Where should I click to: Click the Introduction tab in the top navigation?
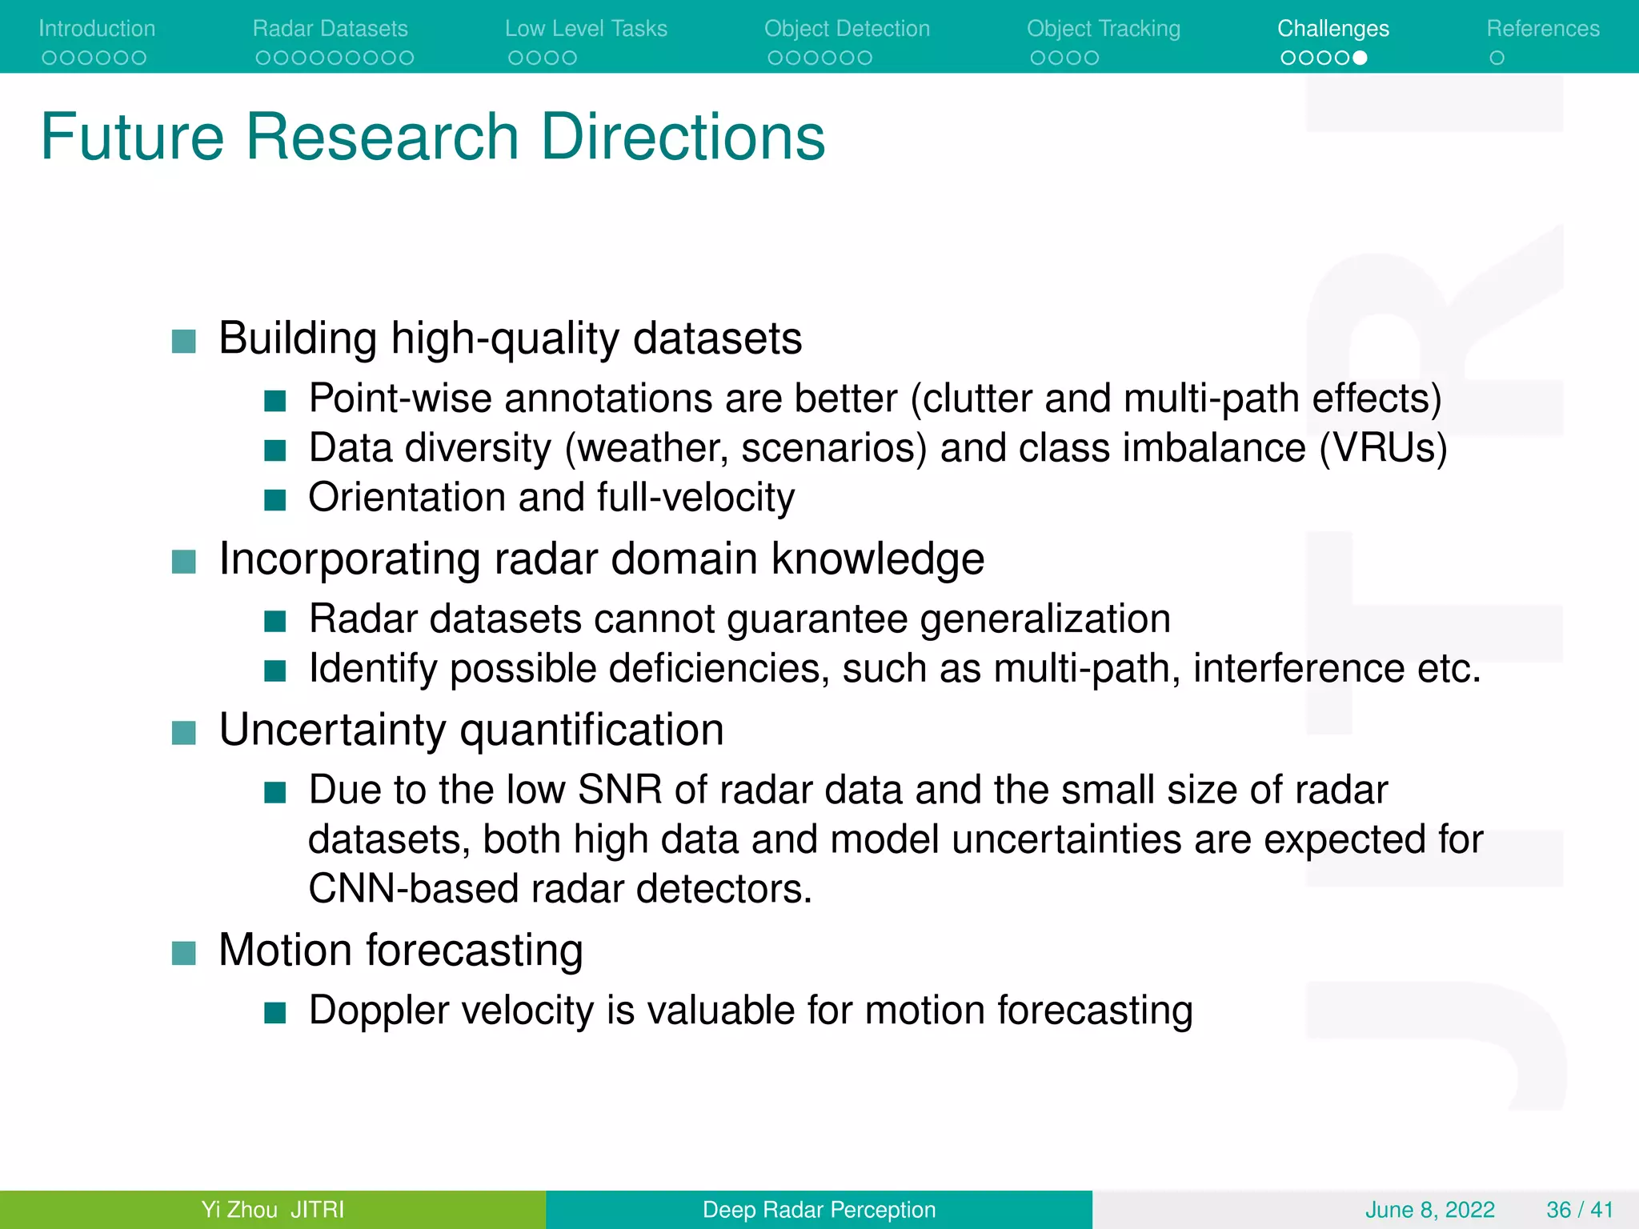(x=97, y=29)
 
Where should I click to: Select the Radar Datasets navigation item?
(x=330, y=29)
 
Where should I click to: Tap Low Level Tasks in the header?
(x=586, y=29)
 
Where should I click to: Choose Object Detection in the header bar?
(x=847, y=29)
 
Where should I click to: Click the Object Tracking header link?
(x=1104, y=29)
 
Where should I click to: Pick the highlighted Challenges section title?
(x=1333, y=29)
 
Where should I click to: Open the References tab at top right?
(x=1543, y=29)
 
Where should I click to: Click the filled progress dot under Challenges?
(x=1360, y=58)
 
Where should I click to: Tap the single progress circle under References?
(x=1497, y=58)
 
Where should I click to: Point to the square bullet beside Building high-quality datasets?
(x=184, y=342)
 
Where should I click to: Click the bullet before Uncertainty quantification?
(x=184, y=733)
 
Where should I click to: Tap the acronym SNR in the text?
(x=619, y=791)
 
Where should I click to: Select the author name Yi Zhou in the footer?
(x=239, y=1209)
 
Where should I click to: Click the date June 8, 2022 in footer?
(x=1429, y=1209)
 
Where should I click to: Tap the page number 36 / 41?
(x=1579, y=1209)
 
